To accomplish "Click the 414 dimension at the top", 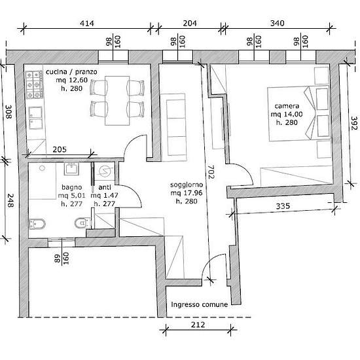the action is tap(87, 24).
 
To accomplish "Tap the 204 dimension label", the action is tap(190, 24).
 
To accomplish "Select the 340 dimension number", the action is tap(278, 24).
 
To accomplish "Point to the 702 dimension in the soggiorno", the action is tap(211, 171).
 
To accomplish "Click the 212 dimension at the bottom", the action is tap(198, 325).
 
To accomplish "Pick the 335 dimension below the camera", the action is tap(283, 206).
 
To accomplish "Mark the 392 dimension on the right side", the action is tap(354, 123).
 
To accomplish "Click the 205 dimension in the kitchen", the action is tap(60, 149).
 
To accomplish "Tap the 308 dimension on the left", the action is tap(9, 112).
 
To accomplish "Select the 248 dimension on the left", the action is tap(10, 200).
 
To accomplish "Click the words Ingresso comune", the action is tap(199, 304).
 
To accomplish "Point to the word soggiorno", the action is tap(187, 185).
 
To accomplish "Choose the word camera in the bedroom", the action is tap(287, 106).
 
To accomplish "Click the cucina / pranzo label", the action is tap(71, 72).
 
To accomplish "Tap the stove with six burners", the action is tap(35, 84).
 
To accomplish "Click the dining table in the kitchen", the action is tap(117, 101).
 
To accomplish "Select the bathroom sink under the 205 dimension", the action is tap(71, 169).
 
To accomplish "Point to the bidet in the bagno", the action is tap(37, 224).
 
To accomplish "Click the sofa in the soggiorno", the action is tap(174, 128).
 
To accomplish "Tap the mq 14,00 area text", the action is tap(287, 114).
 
